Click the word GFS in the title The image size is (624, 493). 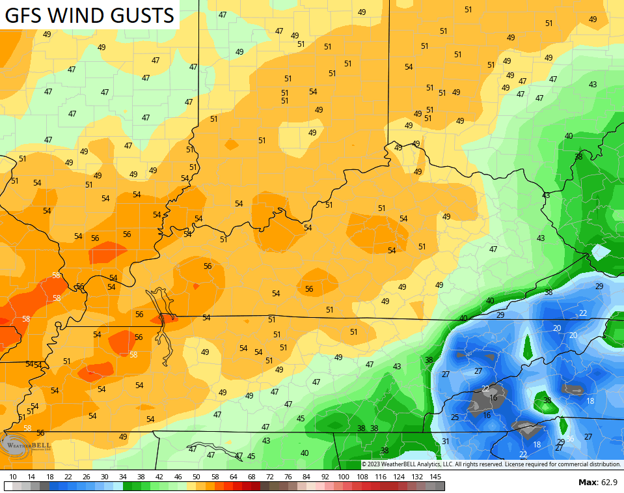(x=25, y=15)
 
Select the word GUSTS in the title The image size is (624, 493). (x=142, y=15)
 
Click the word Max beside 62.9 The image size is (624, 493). (x=587, y=483)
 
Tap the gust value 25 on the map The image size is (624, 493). (x=455, y=417)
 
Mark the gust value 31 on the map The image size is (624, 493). (x=446, y=441)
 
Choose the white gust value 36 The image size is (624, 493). (x=570, y=439)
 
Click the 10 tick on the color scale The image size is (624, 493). (x=13, y=476)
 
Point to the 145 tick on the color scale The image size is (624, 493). (x=436, y=476)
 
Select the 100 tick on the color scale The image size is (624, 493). (x=343, y=476)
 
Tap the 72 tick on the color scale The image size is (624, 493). (x=270, y=476)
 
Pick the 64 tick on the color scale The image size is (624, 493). (x=233, y=476)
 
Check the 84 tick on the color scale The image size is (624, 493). (x=306, y=476)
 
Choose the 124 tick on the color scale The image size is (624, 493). (x=399, y=476)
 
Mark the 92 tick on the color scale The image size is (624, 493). (x=325, y=476)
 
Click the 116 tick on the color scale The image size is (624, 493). (x=380, y=476)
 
